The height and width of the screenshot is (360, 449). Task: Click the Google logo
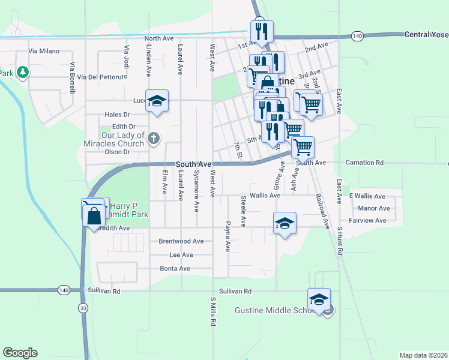click(20, 353)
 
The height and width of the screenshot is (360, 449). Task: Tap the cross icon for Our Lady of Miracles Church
click(153, 139)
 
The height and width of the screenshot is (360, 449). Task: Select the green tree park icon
click(23, 73)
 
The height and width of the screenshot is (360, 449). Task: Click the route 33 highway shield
click(82, 308)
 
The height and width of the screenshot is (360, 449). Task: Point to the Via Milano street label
click(41, 51)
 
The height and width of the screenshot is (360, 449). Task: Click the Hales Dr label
click(117, 114)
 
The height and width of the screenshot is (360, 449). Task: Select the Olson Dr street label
click(118, 152)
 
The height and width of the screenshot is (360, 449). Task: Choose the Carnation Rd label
click(364, 163)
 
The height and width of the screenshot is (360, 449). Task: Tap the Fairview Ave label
click(368, 220)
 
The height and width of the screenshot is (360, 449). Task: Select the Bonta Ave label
click(176, 268)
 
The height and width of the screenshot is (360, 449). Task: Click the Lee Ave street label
click(181, 254)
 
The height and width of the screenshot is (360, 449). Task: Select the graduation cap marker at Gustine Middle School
click(319, 299)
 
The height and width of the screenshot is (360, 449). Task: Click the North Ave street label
click(159, 38)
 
